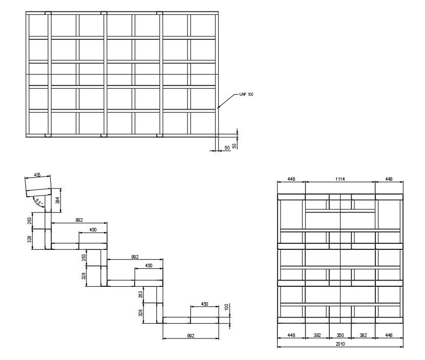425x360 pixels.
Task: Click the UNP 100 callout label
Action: [x=246, y=95]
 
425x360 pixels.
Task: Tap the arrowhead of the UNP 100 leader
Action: [x=218, y=108]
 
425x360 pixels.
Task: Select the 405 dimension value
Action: [x=37, y=175]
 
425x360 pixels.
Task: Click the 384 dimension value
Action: [x=58, y=200]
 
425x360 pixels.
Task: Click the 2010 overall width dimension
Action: [x=340, y=344]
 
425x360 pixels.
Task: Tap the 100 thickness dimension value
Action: [x=226, y=307]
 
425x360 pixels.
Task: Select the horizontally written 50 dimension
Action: [x=226, y=148]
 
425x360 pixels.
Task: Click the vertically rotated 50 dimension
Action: [x=235, y=145]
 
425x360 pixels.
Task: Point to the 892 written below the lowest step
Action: [x=190, y=336]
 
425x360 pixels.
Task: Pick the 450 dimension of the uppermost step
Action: [x=93, y=230]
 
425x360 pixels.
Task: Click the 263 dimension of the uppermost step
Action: [x=31, y=220]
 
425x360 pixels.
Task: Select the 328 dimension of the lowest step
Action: [x=140, y=312]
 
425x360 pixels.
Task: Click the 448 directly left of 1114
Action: [x=291, y=179]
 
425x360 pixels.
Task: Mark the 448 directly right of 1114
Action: [x=389, y=179]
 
